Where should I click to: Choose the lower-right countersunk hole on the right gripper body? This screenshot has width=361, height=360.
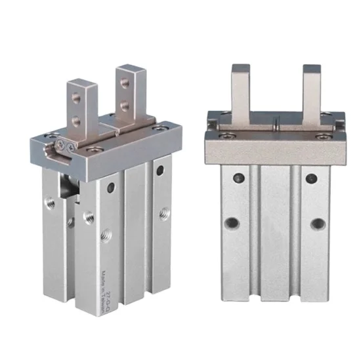click(x=316, y=224)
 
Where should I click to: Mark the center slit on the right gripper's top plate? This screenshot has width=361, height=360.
click(x=277, y=121)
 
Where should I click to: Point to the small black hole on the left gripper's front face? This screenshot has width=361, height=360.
click(x=110, y=188)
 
